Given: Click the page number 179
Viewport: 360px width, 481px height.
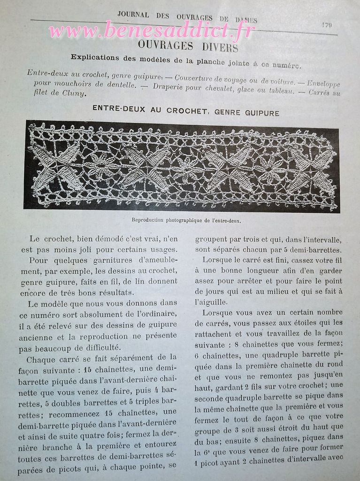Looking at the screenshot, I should (x=327, y=25).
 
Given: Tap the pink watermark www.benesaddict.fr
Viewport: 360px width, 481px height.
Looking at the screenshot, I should (x=152, y=31).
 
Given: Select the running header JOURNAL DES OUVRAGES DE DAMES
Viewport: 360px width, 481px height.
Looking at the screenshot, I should (x=187, y=17).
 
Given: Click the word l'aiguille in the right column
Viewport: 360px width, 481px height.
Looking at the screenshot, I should (x=211, y=302).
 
